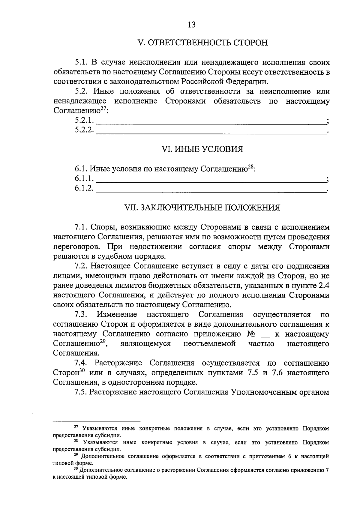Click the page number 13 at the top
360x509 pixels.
pos(191,25)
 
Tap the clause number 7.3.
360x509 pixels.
pos(81,315)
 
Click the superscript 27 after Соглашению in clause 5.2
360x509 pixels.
pos(103,109)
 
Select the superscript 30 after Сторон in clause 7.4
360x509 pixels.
pos(82,371)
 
